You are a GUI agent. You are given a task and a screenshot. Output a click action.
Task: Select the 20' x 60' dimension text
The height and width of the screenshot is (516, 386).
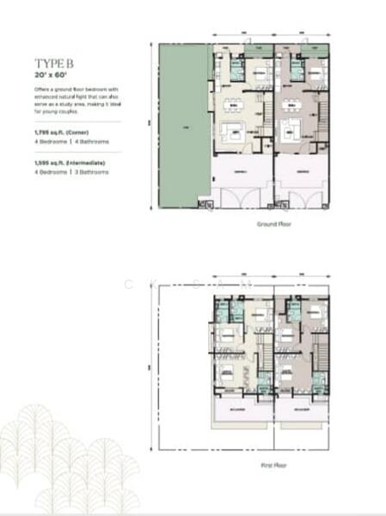tap(51, 77)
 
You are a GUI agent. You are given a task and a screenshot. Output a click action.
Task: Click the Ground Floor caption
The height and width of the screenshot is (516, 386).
tap(273, 224)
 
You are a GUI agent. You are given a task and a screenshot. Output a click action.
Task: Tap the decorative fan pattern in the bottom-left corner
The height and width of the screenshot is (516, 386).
tap(69, 464)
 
